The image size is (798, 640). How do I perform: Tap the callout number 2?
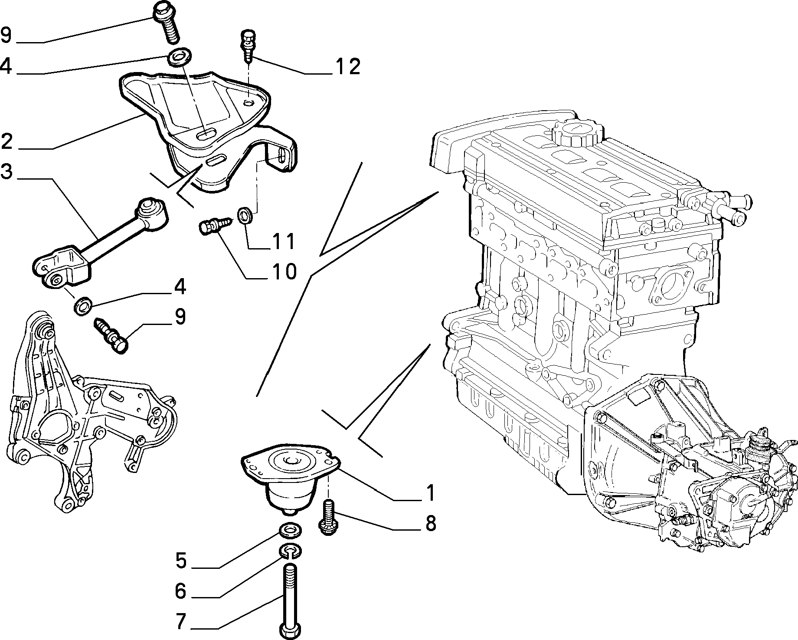(x=7, y=141)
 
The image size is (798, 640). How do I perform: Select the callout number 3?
(x=7, y=172)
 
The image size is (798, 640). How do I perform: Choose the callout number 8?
(x=430, y=523)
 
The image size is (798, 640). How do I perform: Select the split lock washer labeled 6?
(x=291, y=551)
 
